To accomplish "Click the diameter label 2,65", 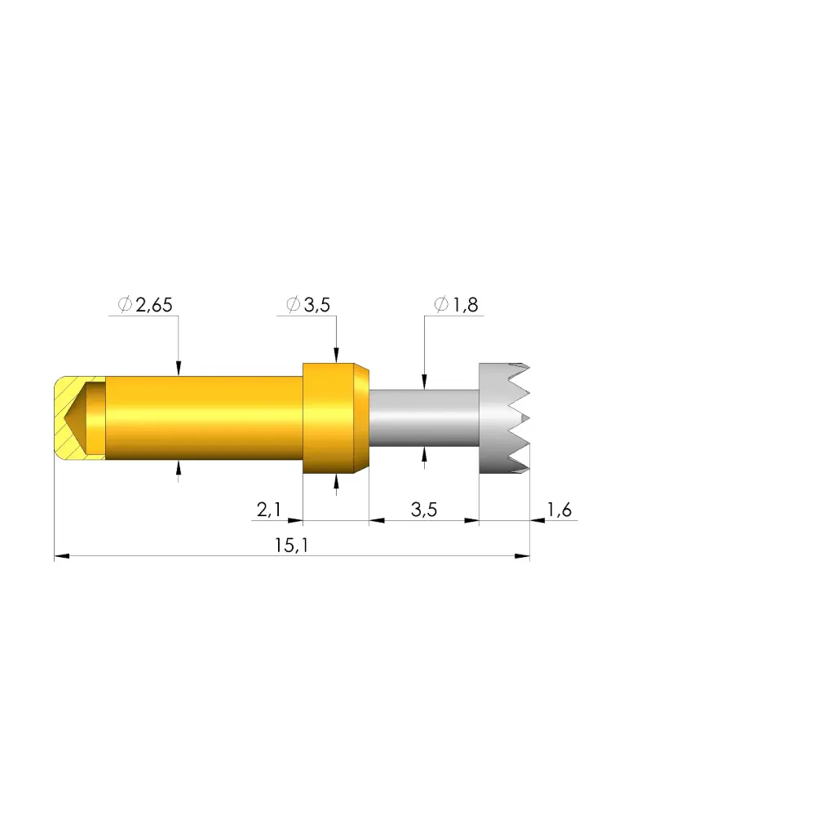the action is coord(154,305).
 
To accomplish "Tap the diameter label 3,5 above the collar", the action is coord(317,305).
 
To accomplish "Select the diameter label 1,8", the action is coord(466,305).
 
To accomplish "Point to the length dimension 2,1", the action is coord(269,510).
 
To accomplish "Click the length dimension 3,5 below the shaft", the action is coord(424,510).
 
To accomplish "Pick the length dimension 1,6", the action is coord(559,510).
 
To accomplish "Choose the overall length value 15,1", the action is coord(291,546).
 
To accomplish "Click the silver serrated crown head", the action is coord(504,418).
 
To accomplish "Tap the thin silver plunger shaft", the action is coord(424,418).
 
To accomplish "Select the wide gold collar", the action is coord(335,418).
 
